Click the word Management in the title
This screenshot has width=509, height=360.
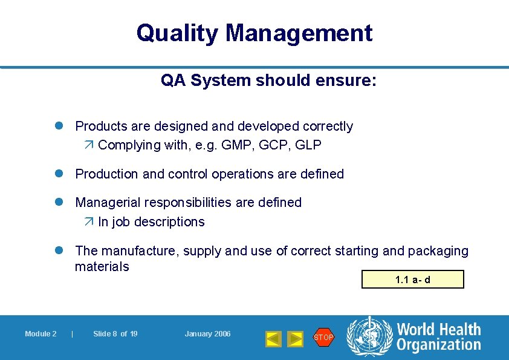click(x=299, y=33)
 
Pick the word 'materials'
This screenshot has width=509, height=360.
click(x=102, y=267)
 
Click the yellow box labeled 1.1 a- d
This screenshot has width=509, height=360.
click(x=412, y=280)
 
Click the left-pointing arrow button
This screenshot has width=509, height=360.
click(x=273, y=338)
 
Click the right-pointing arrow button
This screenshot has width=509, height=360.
click(x=294, y=338)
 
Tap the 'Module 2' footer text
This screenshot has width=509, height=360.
click(x=41, y=334)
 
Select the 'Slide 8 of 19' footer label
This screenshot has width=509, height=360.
click(x=115, y=334)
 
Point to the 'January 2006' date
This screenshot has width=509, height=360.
click(x=207, y=334)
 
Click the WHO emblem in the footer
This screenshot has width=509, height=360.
click(x=369, y=336)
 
